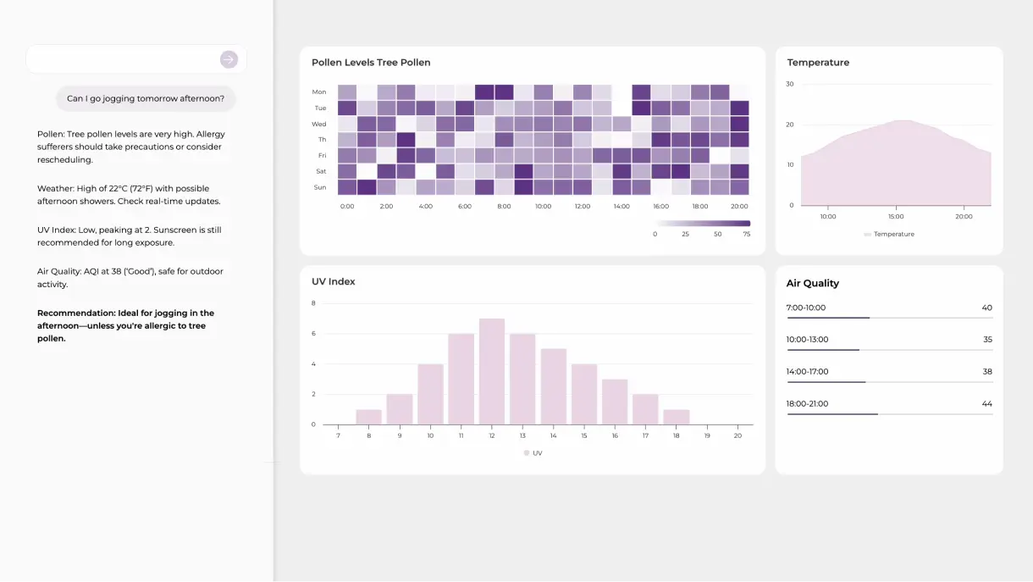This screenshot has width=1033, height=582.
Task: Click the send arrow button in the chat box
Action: (229, 59)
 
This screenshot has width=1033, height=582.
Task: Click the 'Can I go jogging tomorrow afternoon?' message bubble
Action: (146, 98)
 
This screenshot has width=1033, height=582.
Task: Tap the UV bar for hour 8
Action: (369, 416)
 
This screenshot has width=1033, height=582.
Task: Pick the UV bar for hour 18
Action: (676, 416)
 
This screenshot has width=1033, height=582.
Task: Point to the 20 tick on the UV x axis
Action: (737, 435)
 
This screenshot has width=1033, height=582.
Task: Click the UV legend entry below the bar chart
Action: (533, 453)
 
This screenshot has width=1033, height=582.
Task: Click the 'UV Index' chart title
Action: (334, 281)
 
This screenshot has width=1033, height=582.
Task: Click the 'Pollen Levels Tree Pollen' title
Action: (371, 63)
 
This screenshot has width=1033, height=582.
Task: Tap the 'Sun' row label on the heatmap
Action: (320, 187)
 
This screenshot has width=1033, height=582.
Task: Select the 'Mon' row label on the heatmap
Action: (319, 91)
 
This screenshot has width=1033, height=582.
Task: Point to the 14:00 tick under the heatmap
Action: (621, 206)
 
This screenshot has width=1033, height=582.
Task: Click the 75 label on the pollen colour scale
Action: (745, 234)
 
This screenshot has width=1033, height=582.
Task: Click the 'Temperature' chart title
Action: (818, 63)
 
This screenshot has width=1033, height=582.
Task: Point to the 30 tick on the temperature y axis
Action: (789, 84)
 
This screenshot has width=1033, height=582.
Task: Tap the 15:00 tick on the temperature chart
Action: (896, 217)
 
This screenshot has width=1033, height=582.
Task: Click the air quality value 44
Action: (986, 404)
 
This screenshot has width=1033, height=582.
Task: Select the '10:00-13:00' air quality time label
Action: (808, 340)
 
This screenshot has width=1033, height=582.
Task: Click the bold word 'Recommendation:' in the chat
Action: (75, 313)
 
